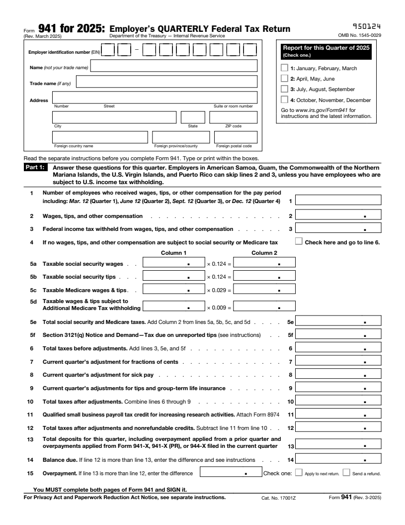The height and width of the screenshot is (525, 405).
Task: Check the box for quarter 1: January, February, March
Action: (x=284, y=68)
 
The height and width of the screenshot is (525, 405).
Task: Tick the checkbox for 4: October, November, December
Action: (x=284, y=100)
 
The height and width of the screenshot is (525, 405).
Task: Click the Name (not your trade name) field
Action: (x=173, y=66)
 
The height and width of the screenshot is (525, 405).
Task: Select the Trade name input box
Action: (x=166, y=82)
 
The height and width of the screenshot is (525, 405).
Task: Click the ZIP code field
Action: (x=233, y=117)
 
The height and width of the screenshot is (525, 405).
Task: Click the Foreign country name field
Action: (x=100, y=137)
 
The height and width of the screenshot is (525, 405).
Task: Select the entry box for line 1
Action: (x=338, y=200)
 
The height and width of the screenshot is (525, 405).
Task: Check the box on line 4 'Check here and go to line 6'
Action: (x=299, y=241)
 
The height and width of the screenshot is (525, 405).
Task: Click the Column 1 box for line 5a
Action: (x=173, y=262)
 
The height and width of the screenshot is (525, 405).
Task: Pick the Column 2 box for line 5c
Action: (x=263, y=290)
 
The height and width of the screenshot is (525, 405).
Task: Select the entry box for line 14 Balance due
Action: (x=338, y=461)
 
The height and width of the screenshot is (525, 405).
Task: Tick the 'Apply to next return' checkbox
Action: (x=299, y=473)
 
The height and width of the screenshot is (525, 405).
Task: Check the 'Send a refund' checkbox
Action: (x=346, y=473)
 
